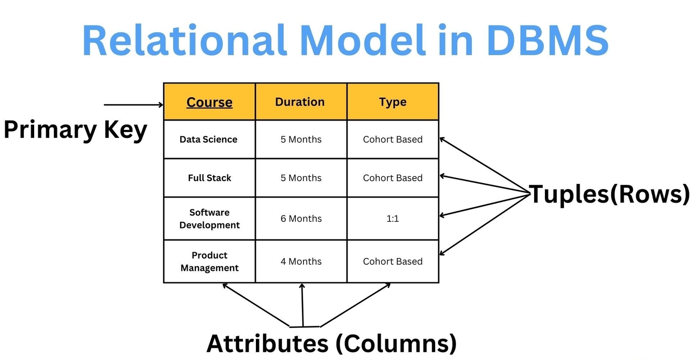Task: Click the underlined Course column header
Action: coord(209,102)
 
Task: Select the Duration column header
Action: coord(300,102)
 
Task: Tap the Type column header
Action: coord(393,102)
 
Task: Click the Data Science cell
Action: coord(209,139)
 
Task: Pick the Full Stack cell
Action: coord(209,178)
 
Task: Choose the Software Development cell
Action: coord(209,219)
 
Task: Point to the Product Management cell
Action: coord(209,262)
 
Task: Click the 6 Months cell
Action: coord(301,219)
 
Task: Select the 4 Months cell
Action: coord(301,262)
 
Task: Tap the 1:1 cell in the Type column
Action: coord(393,219)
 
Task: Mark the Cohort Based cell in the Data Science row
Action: coord(393,139)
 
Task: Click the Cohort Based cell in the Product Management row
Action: coord(393,262)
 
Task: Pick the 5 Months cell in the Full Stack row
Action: coord(301,178)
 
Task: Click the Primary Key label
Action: coord(75,129)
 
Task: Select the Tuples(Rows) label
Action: coord(610,194)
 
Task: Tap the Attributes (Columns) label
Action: coord(332,343)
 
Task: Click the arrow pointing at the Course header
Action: coord(134,105)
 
